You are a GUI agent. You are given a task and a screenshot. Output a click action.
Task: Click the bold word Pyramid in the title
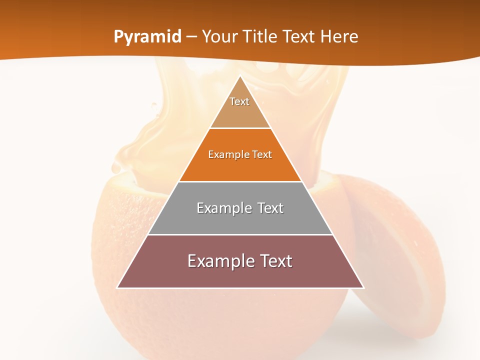click(x=147, y=37)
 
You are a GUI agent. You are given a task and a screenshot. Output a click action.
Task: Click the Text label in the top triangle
click(x=239, y=101)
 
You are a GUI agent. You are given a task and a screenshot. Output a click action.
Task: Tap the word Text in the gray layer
click(x=266, y=208)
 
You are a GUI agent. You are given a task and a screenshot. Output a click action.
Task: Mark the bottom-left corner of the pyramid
click(x=117, y=287)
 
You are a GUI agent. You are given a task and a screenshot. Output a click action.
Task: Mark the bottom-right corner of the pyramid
click(x=363, y=287)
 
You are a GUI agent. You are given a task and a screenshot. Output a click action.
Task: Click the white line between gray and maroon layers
click(x=240, y=234)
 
